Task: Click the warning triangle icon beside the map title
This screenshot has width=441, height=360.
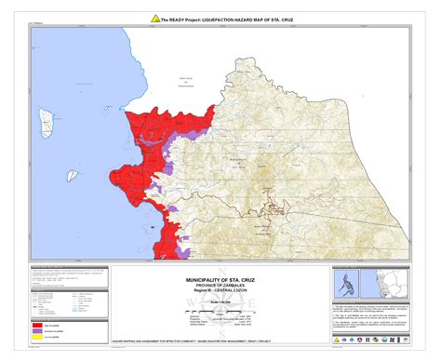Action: click(x=154, y=19)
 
